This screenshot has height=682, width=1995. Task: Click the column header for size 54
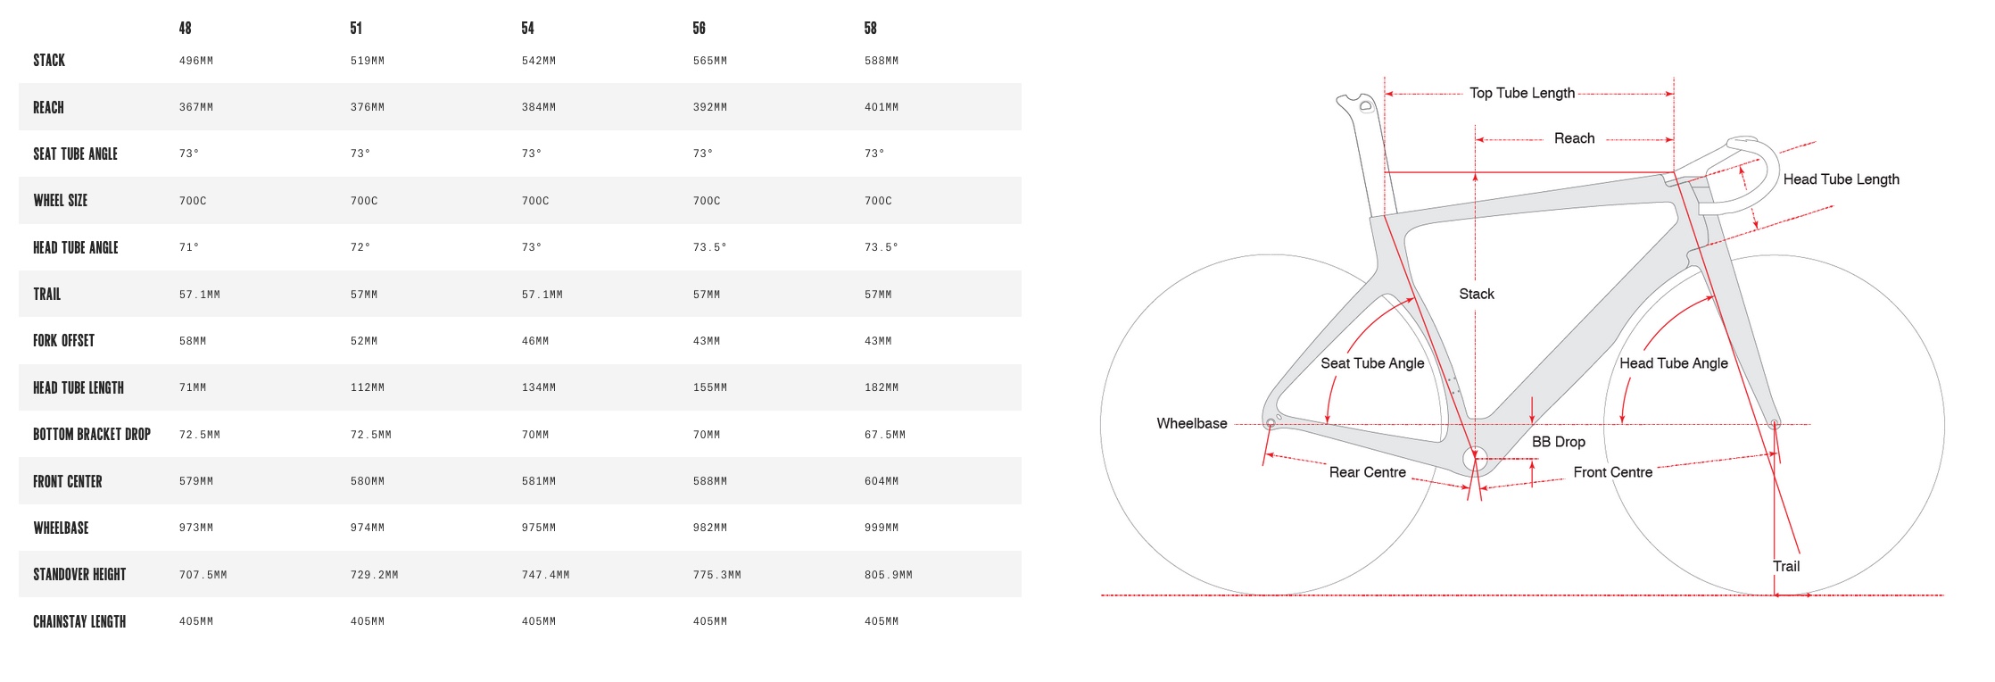[527, 29]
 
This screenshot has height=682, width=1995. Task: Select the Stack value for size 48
[196, 61]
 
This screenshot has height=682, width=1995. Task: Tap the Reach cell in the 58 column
[882, 107]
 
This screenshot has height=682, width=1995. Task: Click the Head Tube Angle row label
[76, 247]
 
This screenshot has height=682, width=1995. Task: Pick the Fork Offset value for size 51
[364, 341]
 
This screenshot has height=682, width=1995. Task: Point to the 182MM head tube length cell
[882, 387]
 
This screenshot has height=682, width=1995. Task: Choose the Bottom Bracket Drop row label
[92, 434]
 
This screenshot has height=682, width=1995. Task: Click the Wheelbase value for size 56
[710, 528]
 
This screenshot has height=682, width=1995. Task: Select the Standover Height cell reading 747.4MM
[546, 575]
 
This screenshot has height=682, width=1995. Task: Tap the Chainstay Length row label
[79, 621]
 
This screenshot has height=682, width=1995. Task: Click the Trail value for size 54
[542, 295]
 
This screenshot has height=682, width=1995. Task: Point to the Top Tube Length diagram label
[1522, 93]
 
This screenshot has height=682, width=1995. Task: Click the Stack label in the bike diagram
[1477, 294]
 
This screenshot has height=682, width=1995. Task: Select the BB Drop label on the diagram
[1559, 442]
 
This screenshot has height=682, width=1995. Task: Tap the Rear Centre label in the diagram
[1368, 472]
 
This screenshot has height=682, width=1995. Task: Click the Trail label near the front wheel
[1786, 566]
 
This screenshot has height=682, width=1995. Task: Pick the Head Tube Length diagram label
[1842, 179]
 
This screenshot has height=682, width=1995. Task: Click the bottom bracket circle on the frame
[1475, 459]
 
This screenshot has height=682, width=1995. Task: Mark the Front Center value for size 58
[882, 481]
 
